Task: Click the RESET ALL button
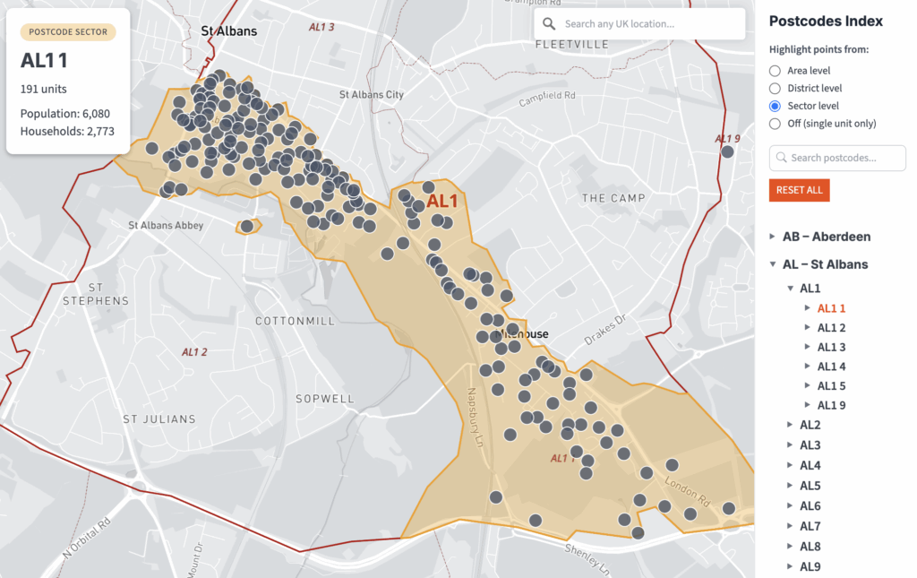pos(799,190)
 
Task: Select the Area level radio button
pos(776,70)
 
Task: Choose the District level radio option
pos(776,88)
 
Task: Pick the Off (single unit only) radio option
pos(776,124)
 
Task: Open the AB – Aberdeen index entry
pos(826,237)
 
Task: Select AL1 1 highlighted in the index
pos(831,307)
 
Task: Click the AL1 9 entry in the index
pos(831,405)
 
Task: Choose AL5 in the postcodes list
pos(810,486)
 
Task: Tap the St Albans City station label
pos(371,94)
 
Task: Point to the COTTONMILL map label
pos(295,321)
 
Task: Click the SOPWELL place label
pos(326,398)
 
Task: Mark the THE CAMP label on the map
pos(613,198)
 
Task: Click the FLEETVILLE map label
pos(570,44)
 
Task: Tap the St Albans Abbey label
pos(166,226)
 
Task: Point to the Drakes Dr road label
pos(608,329)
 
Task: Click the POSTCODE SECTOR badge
pos(68,32)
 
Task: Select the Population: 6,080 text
pos(65,114)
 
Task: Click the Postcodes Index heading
pos(826,22)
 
